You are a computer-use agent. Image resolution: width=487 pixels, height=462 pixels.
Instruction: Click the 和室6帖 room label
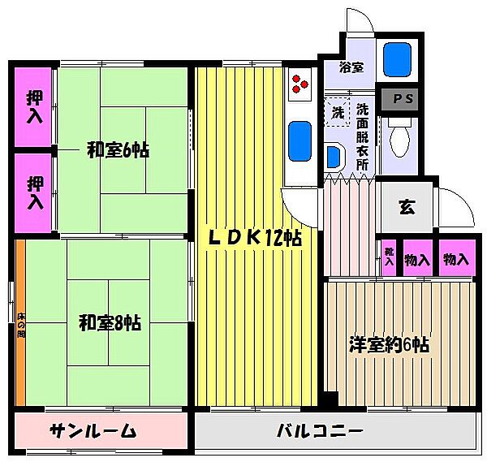pos(118,150)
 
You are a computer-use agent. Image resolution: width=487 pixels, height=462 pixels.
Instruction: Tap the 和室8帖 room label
pos(110,322)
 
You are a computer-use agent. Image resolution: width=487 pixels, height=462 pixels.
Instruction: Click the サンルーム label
pos(92,430)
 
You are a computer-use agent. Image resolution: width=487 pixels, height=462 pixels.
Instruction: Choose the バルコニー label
pos(318,430)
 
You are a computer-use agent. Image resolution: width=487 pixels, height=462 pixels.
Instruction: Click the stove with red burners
pos(300,83)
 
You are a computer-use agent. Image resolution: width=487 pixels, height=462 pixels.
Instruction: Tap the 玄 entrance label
pos(406,206)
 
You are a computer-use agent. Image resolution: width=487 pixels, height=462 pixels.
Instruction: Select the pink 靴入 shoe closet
pos(389,259)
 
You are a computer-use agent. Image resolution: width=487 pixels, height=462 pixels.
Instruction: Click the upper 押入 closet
pos(35,106)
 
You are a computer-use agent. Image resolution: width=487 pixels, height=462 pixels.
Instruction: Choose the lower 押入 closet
pos(35,192)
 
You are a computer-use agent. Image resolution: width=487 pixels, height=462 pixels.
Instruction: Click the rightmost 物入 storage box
pos(456,259)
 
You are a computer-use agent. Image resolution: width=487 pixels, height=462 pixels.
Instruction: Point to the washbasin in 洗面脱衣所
pos(332,154)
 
